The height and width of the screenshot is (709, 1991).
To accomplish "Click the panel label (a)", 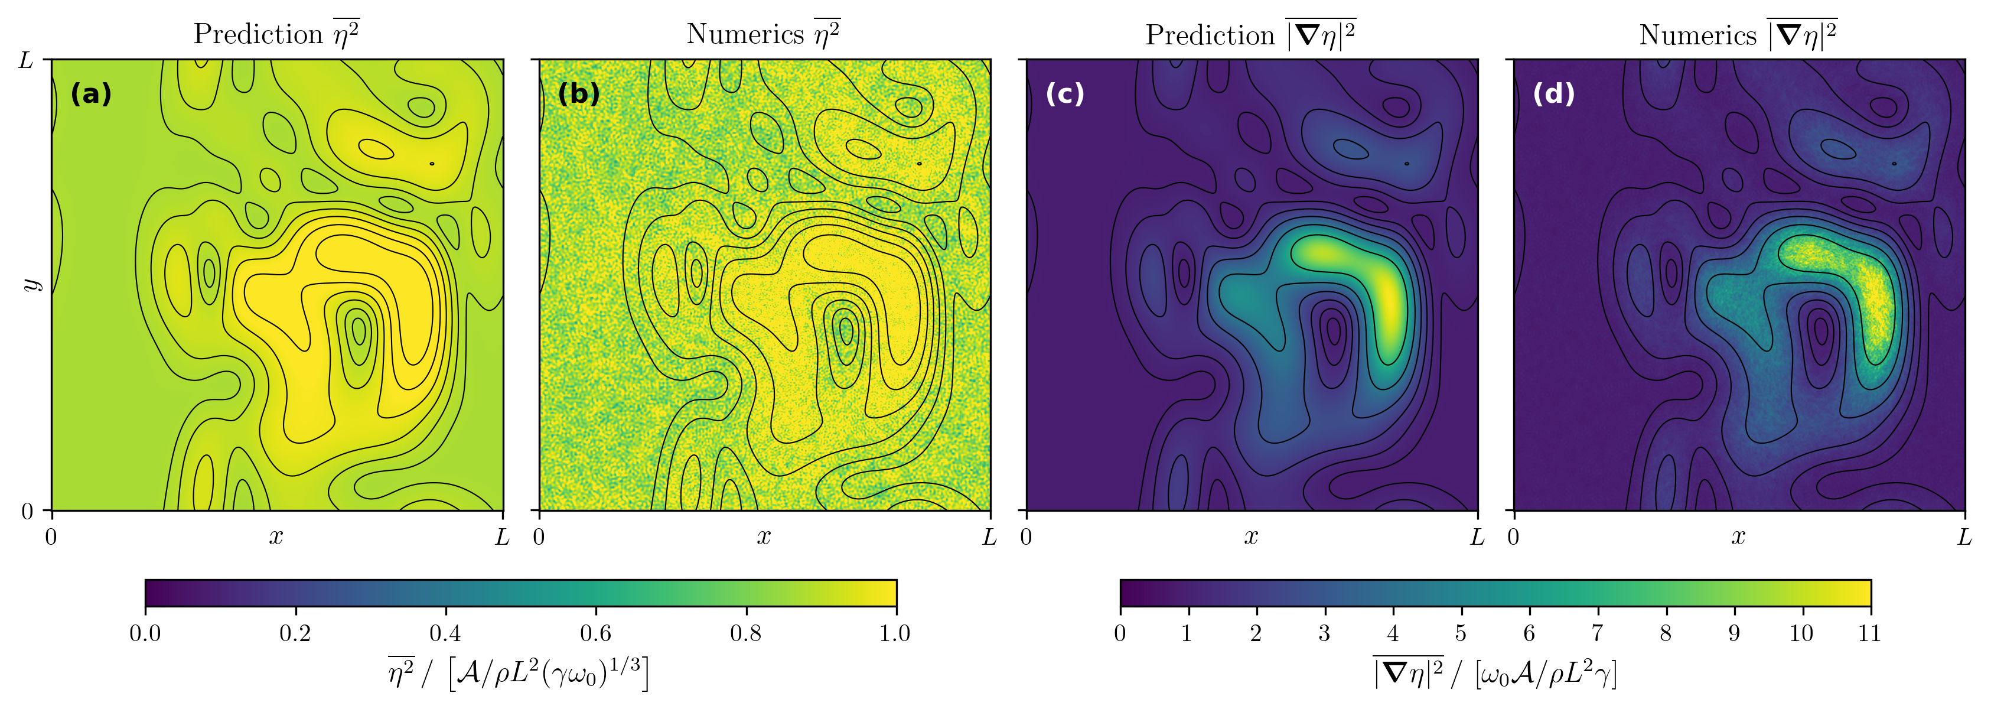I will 91,95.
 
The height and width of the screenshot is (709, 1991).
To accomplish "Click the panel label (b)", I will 579,93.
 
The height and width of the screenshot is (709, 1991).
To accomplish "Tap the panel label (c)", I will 1065,93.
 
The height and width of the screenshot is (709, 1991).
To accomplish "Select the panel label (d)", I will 1553,93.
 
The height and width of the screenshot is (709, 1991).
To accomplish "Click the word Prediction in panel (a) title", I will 258,34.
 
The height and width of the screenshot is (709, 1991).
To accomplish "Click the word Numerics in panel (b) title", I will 745,34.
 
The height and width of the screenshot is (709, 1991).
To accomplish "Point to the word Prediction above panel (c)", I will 1210,35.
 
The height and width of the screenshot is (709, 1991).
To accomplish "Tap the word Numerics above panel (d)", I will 1698,35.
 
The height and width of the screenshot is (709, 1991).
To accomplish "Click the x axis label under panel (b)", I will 764,536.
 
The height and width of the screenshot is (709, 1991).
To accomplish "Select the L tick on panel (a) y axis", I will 26,60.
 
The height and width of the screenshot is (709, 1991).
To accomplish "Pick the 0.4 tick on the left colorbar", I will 445,634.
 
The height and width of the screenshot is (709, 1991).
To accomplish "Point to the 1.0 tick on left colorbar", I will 895,634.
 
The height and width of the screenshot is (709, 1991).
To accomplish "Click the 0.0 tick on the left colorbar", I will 145,634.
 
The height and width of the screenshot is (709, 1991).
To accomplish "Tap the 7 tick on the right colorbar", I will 1597,634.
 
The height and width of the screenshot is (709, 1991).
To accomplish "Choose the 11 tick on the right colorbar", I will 1869,634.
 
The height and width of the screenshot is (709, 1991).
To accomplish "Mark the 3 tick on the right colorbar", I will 1324,634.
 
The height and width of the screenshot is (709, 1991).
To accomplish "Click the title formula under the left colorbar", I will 518,672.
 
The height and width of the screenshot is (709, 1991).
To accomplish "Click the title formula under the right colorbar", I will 1495,672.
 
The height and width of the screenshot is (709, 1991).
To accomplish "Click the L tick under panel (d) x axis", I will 1964,536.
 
